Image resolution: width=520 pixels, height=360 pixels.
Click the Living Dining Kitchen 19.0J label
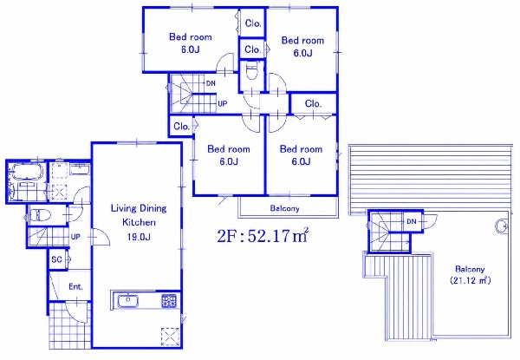(139, 222)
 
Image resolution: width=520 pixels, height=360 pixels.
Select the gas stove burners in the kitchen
(169, 301)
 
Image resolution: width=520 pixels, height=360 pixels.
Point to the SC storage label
(56, 259)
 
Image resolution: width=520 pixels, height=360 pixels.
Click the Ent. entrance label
(75, 286)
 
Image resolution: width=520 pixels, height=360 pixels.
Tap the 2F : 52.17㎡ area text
(263, 235)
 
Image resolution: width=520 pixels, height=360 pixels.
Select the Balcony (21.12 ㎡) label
(470, 274)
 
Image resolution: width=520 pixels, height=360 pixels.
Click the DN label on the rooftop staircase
(411, 221)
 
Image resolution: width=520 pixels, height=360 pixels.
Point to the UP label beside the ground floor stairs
(75, 237)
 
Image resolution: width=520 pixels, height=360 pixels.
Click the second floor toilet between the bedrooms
(252, 70)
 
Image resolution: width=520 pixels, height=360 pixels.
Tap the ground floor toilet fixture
(40, 215)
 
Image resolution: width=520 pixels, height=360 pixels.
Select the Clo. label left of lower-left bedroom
(181, 126)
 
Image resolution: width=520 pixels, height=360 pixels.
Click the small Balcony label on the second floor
(284, 208)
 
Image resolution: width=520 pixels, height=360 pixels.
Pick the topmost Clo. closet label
(253, 23)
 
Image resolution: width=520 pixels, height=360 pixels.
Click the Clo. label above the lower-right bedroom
(313, 103)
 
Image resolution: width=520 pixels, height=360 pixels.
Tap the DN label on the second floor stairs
(211, 83)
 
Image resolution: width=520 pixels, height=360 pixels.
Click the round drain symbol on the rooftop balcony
(501, 226)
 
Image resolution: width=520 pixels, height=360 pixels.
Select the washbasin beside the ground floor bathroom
(79, 169)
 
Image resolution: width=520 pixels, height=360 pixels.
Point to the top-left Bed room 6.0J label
(191, 43)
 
